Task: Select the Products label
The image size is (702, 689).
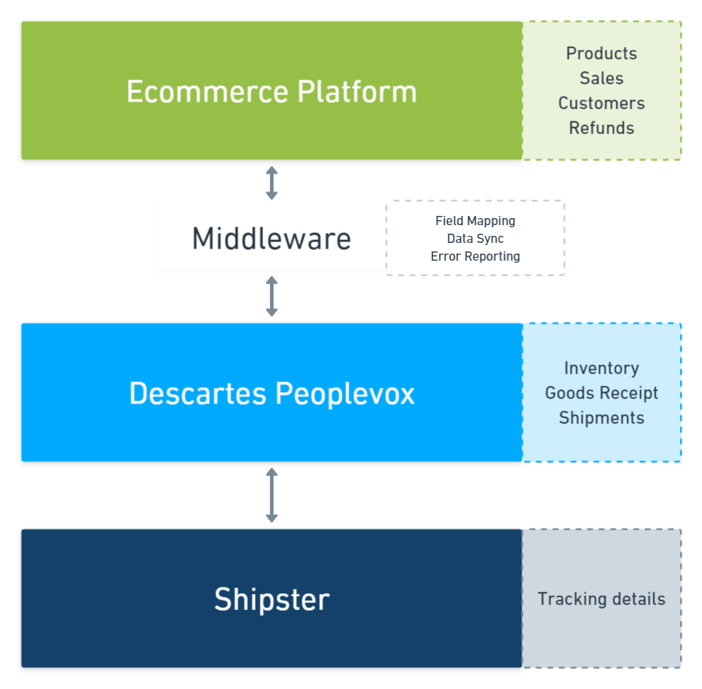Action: [x=601, y=53]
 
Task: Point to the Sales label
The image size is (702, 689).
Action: [x=601, y=78]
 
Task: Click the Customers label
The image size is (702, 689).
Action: [x=601, y=103]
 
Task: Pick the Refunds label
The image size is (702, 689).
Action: [x=601, y=128]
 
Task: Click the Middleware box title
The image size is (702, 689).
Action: [x=271, y=239]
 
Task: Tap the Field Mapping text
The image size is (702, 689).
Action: [x=475, y=221]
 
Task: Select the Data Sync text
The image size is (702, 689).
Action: [x=475, y=239]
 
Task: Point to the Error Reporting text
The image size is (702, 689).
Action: [x=475, y=256]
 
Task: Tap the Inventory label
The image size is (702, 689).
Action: [x=601, y=368]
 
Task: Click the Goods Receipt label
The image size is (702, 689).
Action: [x=601, y=393]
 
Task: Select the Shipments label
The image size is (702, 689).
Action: [x=601, y=418]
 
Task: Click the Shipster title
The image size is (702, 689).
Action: [x=271, y=600]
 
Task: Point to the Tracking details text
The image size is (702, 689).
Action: [x=601, y=599]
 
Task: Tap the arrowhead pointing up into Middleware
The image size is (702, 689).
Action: [x=271, y=279]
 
